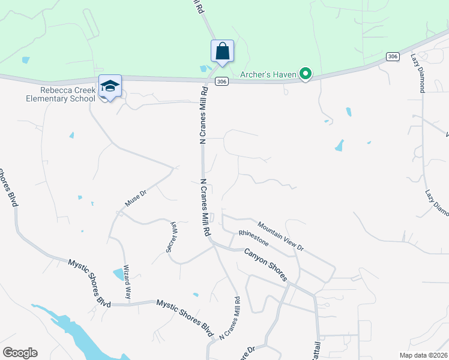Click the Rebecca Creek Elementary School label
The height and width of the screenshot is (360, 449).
click(67, 94)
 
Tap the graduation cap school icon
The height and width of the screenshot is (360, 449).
click(110, 86)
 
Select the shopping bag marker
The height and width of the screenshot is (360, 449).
click(222, 51)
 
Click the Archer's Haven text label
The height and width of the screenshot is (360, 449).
click(270, 75)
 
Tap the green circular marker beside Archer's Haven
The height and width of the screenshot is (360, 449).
click(306, 74)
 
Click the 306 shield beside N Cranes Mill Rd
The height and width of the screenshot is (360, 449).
click(221, 83)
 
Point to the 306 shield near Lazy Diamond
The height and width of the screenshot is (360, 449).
click(393, 56)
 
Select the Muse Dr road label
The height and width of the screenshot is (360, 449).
click(135, 196)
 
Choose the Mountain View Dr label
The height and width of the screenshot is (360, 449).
click(281, 237)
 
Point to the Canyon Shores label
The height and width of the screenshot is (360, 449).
click(266, 265)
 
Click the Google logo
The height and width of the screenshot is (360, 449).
click(20, 353)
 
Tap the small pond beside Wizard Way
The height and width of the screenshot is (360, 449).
click(119, 275)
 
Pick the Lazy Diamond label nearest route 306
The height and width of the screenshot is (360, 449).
click(418, 73)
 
